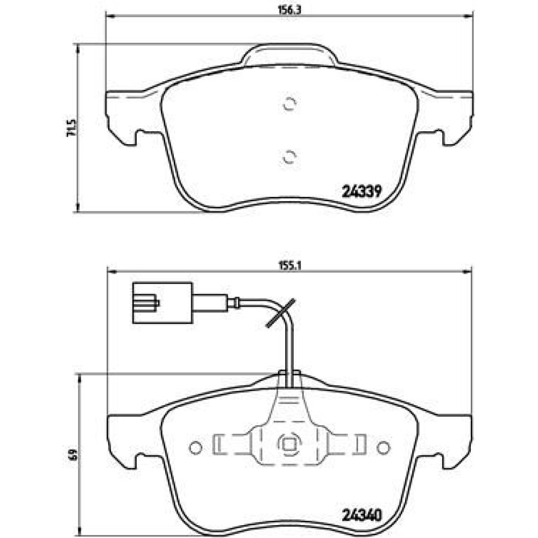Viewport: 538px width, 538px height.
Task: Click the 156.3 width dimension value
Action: (x=289, y=10)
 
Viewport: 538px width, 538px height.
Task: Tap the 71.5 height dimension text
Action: (x=72, y=129)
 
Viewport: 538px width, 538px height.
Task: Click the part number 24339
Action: (x=362, y=191)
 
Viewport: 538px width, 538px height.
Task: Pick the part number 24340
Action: (x=362, y=515)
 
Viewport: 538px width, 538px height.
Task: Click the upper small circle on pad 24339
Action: (x=289, y=104)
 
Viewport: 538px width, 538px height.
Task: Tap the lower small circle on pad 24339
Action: (x=289, y=157)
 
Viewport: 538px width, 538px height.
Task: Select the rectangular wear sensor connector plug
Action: (x=162, y=302)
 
